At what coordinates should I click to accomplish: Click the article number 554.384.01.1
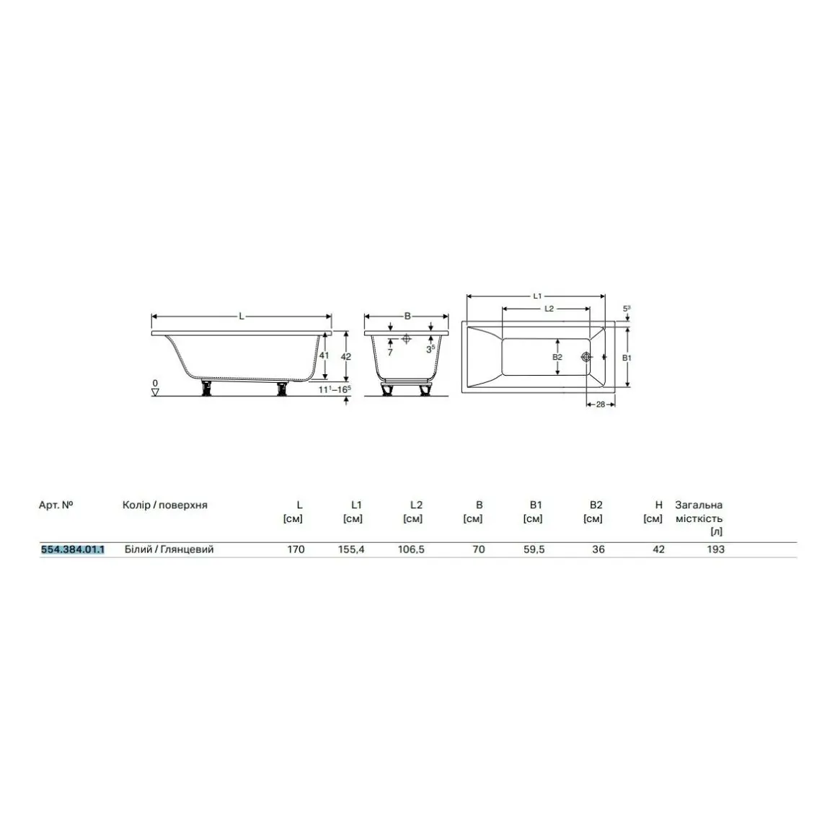(x=73, y=549)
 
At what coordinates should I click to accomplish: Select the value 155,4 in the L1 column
(x=351, y=549)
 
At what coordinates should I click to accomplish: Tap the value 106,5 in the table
(x=411, y=549)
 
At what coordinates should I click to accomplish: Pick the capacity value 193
(x=715, y=549)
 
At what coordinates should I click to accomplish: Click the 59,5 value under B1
(x=534, y=549)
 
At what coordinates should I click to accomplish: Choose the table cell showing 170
(x=296, y=549)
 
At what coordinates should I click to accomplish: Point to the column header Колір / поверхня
(x=164, y=505)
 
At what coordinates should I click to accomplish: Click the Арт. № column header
(x=56, y=505)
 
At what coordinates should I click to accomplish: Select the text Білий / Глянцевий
(x=169, y=549)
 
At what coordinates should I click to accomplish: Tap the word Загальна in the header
(x=699, y=505)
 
